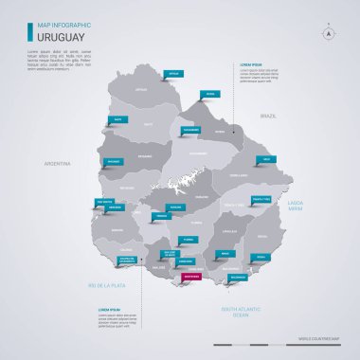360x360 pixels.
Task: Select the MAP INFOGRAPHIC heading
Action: pos(58,25)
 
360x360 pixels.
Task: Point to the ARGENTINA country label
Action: pos(57,164)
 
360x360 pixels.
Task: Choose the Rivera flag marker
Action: pos(209,95)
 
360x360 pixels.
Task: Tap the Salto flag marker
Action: pos(117,119)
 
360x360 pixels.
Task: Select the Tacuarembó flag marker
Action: pos(190,129)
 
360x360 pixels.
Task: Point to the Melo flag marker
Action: pos(266,159)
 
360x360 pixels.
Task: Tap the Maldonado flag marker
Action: pos(237,278)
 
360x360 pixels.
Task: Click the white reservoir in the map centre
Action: pos(189,184)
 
